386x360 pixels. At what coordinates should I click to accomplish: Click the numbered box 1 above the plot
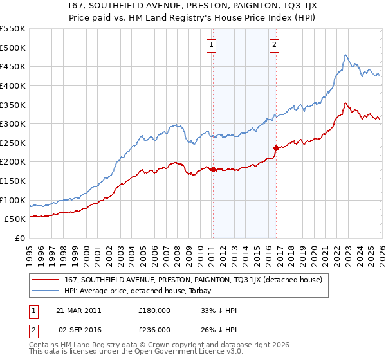[212, 44]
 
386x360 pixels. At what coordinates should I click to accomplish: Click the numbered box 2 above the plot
[274, 44]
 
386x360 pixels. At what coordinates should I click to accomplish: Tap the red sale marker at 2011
[213, 169]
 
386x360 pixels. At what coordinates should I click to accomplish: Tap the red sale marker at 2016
[275, 148]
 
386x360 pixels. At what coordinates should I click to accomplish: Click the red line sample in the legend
[46, 279]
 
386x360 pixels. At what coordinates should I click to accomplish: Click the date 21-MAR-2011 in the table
[78, 310]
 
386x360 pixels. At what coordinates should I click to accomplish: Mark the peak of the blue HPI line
[345, 55]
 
